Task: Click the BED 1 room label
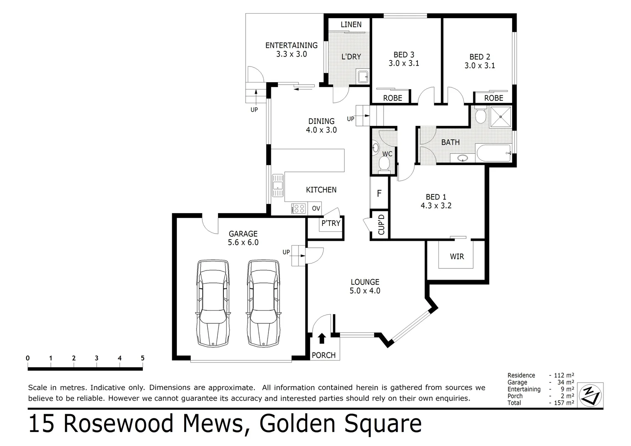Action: (436, 197)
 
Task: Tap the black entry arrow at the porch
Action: (322, 339)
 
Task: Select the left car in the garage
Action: (213, 304)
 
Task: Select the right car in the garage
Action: (263, 304)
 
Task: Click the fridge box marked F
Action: (379, 193)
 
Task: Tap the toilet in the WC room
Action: (384, 164)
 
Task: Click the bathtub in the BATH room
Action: (493, 153)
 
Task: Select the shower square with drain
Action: (501, 117)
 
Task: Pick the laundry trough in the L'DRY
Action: (363, 77)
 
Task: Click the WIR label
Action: (457, 256)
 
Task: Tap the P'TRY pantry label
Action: (330, 223)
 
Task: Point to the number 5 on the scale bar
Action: (142, 358)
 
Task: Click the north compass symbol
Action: (591, 394)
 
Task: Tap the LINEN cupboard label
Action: (351, 25)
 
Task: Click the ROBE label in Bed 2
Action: (493, 98)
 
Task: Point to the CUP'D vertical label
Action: (381, 224)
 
